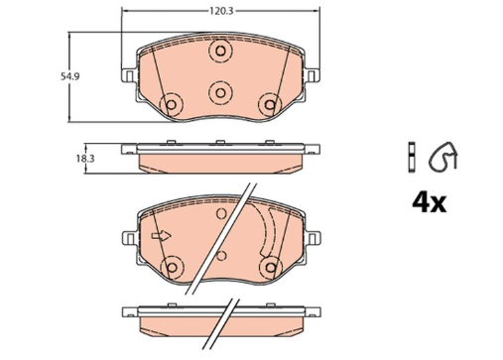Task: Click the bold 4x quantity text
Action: tap(429, 202)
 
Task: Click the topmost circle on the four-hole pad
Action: tap(219, 52)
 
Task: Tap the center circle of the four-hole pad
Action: tap(219, 90)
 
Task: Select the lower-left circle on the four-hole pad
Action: tap(172, 105)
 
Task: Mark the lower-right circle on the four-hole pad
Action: tap(267, 104)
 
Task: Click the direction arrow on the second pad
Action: tap(161, 236)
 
